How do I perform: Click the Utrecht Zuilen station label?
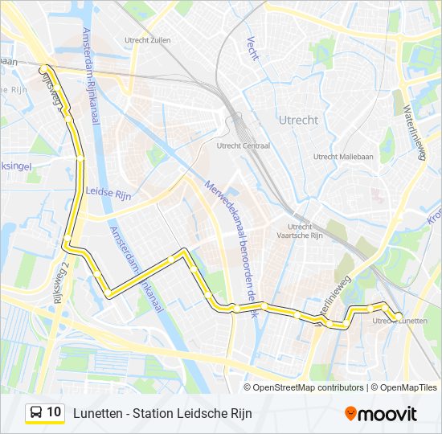coord(147,39)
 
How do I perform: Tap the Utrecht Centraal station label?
coord(244,146)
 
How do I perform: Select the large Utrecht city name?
coord(297,120)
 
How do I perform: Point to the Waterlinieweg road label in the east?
coord(415,133)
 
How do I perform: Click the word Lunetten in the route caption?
coord(96,413)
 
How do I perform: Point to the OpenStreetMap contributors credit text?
coord(309,387)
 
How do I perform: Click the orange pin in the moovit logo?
coord(350,414)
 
